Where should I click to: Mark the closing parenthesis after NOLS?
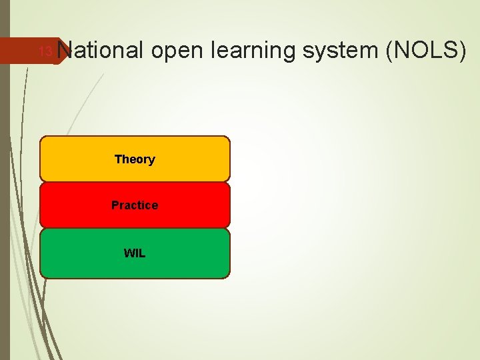pyautogui.click(x=461, y=51)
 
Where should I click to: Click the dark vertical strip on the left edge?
pyautogui.click(x=5, y=200)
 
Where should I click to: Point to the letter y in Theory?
pyautogui.click(x=152, y=161)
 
